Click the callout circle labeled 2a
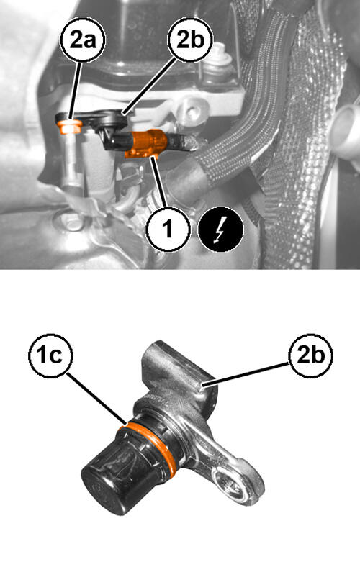pyautogui.click(x=83, y=40)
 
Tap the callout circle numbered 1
pyautogui.click(x=168, y=229)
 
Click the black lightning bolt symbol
pyautogui.click(x=221, y=229)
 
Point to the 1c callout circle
pyautogui.click(x=51, y=355)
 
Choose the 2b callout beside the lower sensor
pyautogui.click(x=310, y=355)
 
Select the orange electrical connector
pyautogui.click(x=146, y=143)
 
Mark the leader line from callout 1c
pyautogui.click(x=96, y=399)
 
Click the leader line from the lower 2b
pyautogui.click(x=245, y=374)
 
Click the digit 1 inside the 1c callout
pyautogui.click(x=41, y=355)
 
